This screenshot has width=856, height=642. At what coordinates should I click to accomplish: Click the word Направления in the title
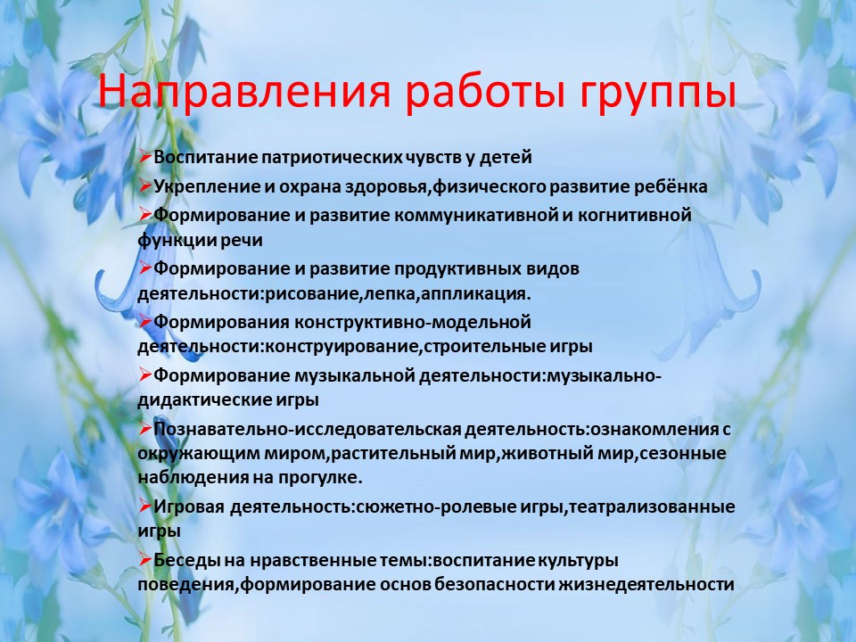click(x=244, y=91)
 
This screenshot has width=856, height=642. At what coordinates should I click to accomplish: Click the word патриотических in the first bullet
click(x=332, y=158)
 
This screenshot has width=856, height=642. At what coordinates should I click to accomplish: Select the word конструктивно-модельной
click(x=413, y=322)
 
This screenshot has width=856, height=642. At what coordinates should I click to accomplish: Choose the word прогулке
click(x=320, y=478)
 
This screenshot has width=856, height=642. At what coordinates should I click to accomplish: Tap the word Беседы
click(x=181, y=560)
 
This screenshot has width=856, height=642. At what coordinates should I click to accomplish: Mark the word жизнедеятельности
click(x=646, y=585)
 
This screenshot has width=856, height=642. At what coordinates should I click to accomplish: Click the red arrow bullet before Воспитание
click(x=145, y=157)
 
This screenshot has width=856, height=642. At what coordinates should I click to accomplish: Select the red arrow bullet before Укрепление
click(x=145, y=186)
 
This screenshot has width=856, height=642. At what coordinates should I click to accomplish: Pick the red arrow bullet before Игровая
click(x=145, y=506)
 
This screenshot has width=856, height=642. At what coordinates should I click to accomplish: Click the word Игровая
click(x=189, y=507)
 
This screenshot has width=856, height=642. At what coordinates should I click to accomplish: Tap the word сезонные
click(x=682, y=454)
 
